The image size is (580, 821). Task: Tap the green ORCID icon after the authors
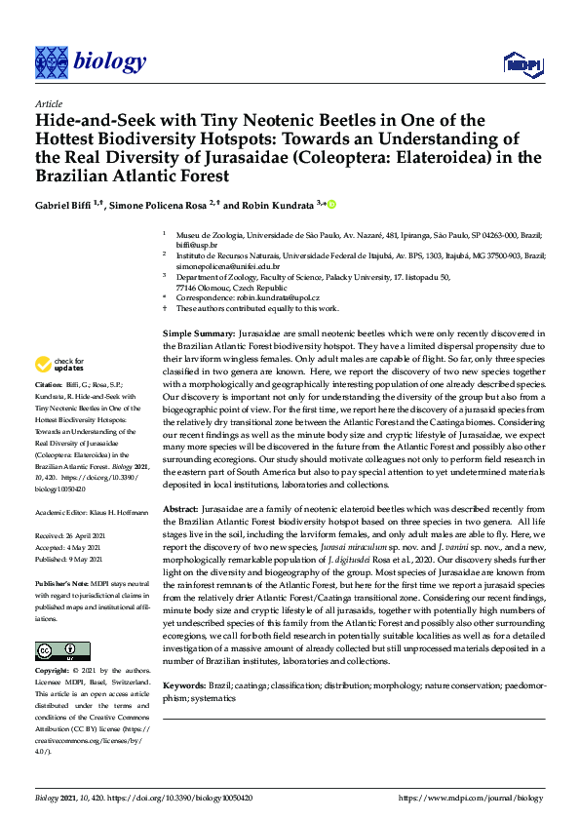click(x=331, y=204)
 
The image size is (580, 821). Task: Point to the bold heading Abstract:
click(x=179, y=510)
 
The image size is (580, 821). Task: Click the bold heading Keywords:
click(x=184, y=687)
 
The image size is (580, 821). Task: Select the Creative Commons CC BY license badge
click(x=56, y=651)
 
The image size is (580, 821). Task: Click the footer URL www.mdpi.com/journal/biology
click(x=471, y=798)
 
